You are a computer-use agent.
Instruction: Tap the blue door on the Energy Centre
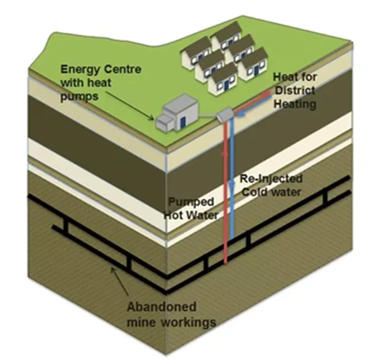coord(183,121)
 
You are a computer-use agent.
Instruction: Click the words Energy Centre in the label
coord(101,69)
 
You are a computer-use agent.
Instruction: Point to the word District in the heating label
coord(294,91)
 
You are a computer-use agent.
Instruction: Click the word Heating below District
coord(294,104)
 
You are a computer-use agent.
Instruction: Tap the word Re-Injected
coord(271,178)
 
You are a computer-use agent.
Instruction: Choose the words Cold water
coord(271,191)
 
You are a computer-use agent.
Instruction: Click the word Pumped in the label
coord(192,201)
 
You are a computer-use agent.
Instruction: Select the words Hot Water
coord(191,215)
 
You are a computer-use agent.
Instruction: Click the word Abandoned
coord(161,307)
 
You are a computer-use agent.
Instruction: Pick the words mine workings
coord(171,322)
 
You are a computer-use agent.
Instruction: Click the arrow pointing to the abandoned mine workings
coord(119,278)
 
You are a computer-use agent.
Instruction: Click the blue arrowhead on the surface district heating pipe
coord(240,113)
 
